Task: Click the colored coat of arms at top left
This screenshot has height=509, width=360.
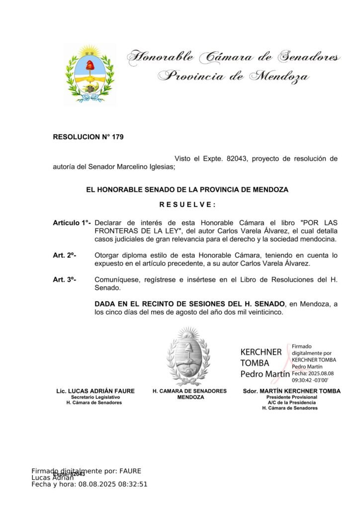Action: [90, 74]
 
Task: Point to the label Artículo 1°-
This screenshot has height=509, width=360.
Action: [72, 223]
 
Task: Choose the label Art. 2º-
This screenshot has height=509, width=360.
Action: [64, 255]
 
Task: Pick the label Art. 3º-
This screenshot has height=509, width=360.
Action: [64, 279]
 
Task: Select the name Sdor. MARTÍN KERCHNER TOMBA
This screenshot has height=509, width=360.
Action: [291, 391]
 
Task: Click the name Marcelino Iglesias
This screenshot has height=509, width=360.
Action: [148, 167]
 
